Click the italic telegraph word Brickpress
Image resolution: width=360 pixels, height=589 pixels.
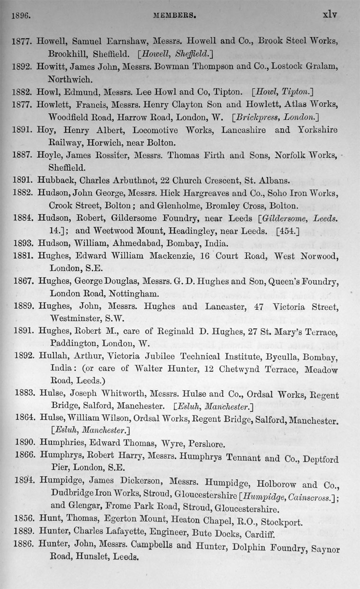(x=253, y=116)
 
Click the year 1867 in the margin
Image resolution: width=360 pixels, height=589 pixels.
(x=22, y=282)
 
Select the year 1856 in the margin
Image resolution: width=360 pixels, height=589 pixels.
(x=23, y=521)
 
